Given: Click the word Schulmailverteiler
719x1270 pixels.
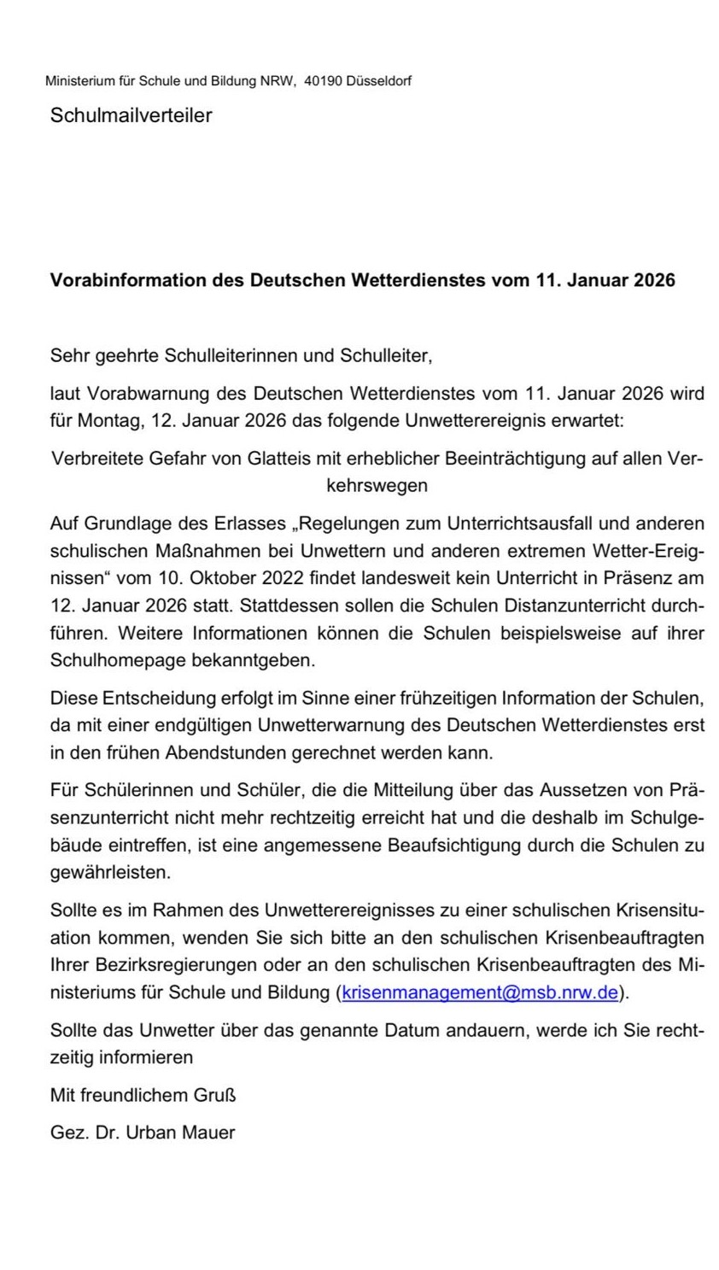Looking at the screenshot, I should point(131,115).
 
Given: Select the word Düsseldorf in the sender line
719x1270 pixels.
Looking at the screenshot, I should point(378,82).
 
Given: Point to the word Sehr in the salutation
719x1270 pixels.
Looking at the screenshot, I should point(67,354).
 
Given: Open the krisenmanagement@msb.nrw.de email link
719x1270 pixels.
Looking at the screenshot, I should point(479,992).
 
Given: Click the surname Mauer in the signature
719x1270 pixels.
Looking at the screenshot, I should point(209,1132).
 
